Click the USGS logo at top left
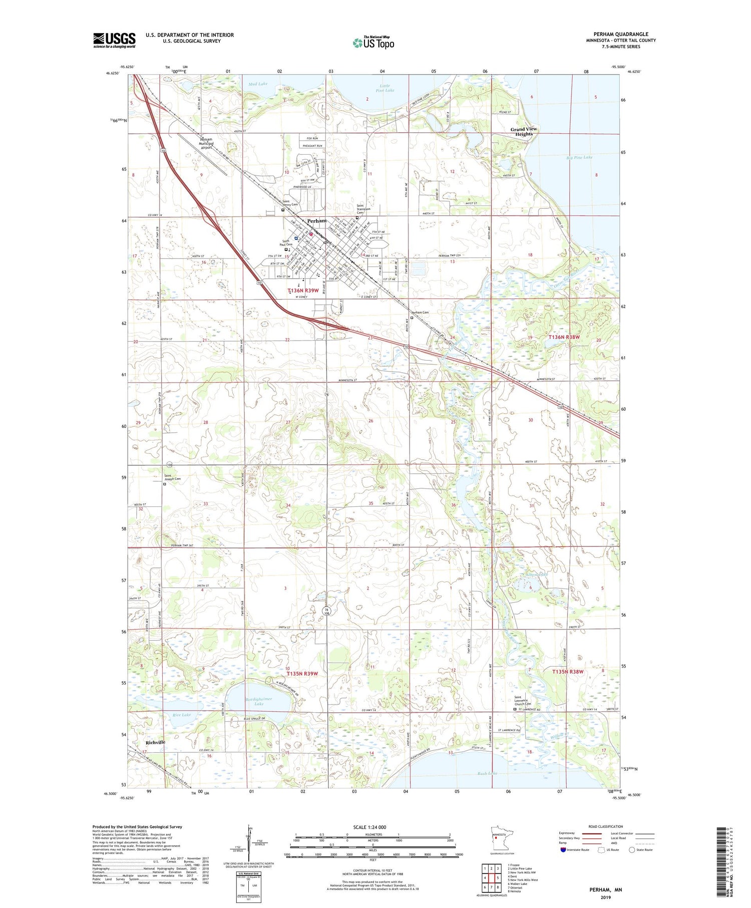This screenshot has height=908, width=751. (114, 40)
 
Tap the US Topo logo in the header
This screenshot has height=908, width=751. (373, 43)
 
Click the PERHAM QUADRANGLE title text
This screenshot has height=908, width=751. (620, 34)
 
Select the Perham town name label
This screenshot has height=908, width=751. (317, 221)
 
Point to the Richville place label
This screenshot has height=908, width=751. (155, 742)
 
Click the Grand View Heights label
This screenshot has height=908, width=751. (524, 132)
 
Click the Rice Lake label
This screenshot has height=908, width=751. (181, 715)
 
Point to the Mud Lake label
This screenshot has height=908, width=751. (258, 84)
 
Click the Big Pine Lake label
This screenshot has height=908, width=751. (579, 157)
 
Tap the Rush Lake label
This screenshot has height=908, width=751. (487, 773)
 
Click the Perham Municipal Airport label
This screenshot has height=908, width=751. (206, 144)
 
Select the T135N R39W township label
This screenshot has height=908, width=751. (302, 674)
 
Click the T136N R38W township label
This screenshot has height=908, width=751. (564, 337)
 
